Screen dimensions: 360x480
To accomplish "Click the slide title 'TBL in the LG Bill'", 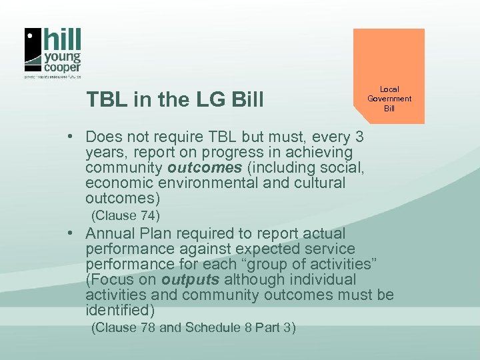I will (x=175, y=100).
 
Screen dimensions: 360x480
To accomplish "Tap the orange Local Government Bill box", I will (x=389, y=77).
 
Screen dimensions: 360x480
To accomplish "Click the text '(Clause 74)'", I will (x=125, y=215).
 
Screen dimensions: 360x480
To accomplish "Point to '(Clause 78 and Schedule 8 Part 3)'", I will (x=193, y=327).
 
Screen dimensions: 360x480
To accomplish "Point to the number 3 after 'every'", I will (x=359, y=138).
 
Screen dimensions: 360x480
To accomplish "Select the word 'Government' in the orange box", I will (x=389, y=99).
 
